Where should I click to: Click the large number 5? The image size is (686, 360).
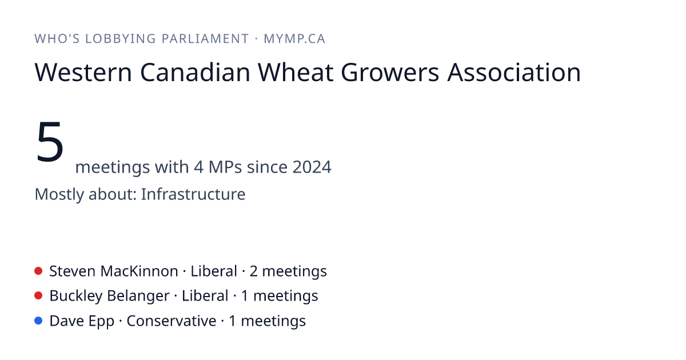50,142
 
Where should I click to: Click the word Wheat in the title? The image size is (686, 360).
296,72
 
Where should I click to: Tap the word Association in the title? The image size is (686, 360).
514,72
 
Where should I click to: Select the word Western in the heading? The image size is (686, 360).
83,72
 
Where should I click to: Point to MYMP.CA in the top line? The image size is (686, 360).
294,39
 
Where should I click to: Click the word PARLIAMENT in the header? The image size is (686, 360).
205,39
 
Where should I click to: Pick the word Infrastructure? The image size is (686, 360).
193,194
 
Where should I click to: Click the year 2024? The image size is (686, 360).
312,167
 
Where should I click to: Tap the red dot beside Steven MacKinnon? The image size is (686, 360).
38,271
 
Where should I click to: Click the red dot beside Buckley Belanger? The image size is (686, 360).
38,296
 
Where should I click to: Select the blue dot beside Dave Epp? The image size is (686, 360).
38,321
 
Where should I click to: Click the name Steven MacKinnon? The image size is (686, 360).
114,271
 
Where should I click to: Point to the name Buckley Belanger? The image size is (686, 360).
109,296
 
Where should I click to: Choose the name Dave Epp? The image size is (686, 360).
82,321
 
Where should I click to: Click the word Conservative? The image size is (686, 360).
171,321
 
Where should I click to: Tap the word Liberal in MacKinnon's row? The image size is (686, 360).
214,271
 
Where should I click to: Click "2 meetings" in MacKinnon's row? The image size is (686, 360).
288,271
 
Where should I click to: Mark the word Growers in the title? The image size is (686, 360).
390,72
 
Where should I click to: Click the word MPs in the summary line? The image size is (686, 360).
225,167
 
